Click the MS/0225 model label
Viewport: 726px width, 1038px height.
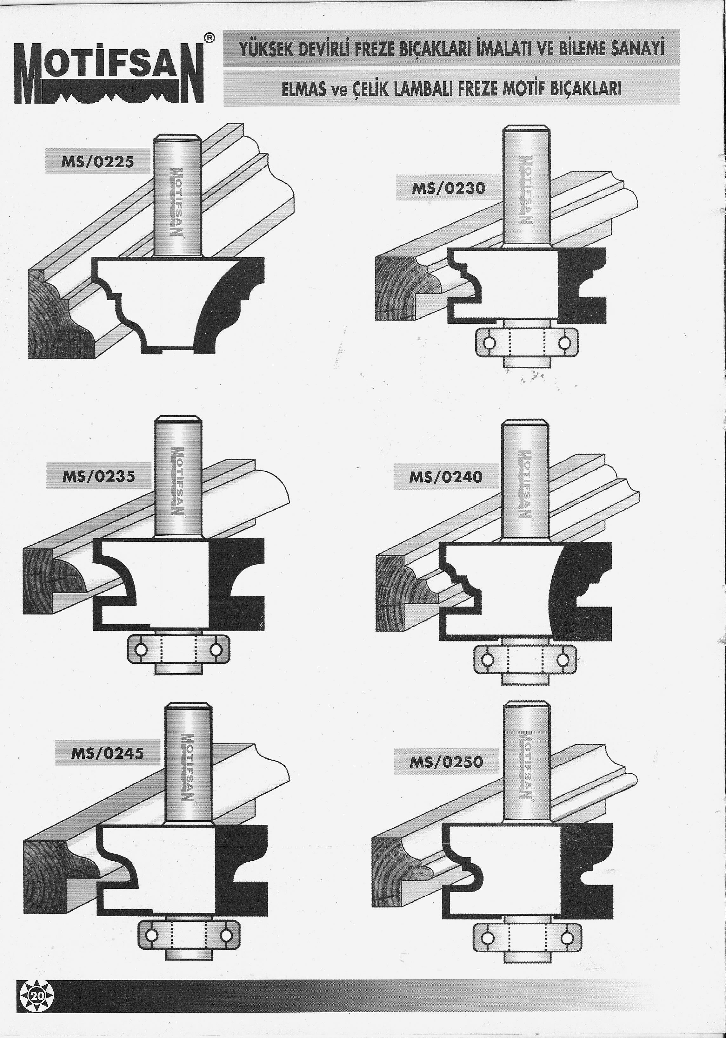pyautogui.click(x=97, y=161)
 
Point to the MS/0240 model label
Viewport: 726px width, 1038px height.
pyautogui.click(x=445, y=477)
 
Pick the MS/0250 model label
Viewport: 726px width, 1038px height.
pyautogui.click(x=446, y=762)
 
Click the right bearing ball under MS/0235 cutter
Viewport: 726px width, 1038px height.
pyautogui.click(x=216, y=650)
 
